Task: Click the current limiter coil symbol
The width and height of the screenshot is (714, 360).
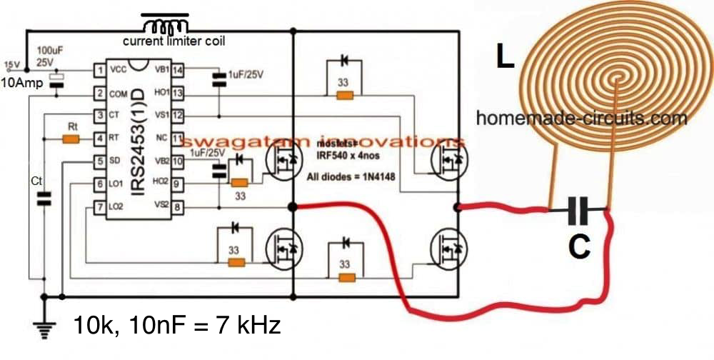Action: [x=166, y=24]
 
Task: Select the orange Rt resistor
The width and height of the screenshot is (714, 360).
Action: [x=71, y=139]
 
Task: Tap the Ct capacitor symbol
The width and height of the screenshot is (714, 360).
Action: [x=44, y=199]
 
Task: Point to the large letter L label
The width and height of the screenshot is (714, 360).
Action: [x=506, y=57]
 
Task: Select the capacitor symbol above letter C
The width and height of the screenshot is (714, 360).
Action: [x=579, y=210]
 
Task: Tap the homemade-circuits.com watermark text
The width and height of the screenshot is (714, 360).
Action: [x=582, y=118]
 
